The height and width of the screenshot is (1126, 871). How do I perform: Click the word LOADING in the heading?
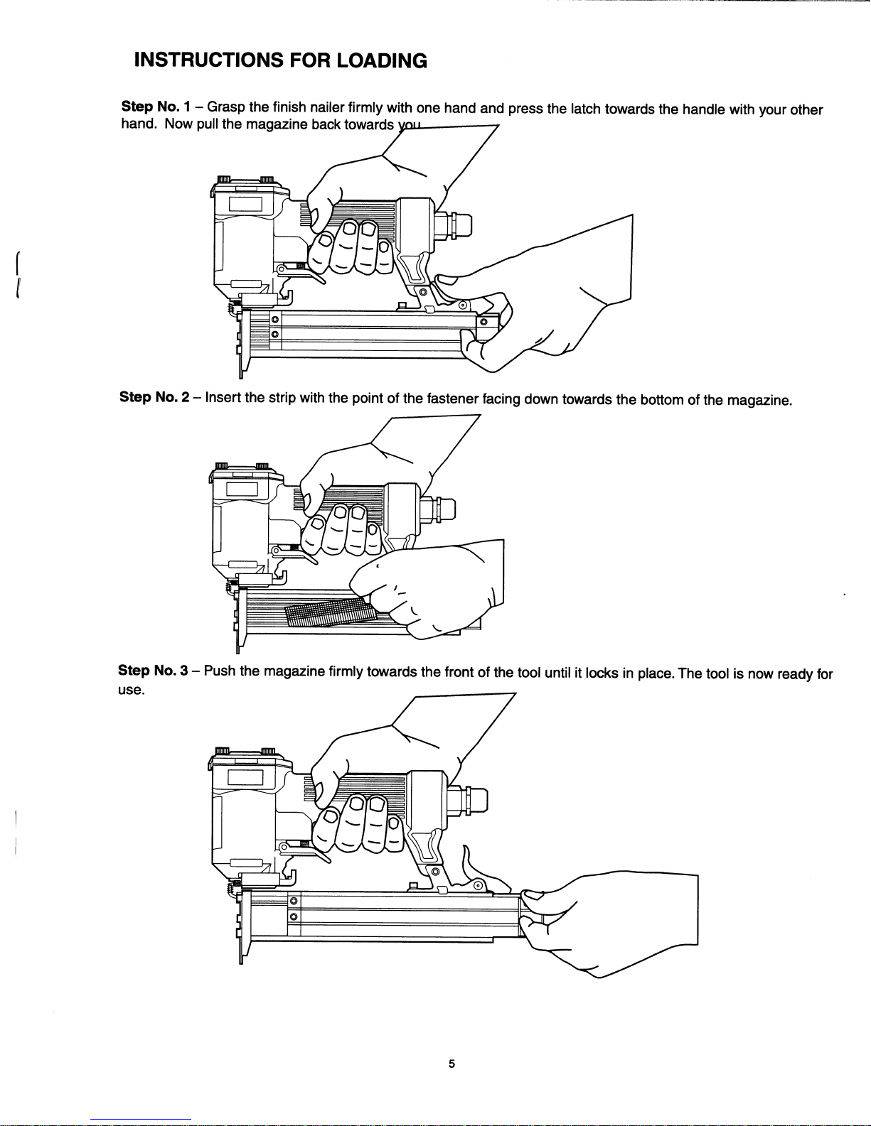point(382,60)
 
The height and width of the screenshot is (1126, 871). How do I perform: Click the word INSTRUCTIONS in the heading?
point(208,60)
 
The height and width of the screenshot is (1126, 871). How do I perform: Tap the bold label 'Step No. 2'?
point(154,397)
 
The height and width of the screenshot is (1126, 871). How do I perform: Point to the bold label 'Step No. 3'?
point(153,670)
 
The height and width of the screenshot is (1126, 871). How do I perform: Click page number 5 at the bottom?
point(451,1063)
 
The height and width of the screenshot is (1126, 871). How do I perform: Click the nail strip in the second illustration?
point(330,612)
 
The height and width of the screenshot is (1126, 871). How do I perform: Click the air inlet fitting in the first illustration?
point(453,225)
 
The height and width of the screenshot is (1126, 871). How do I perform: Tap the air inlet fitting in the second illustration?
point(438,509)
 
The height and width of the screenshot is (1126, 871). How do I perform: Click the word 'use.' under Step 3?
point(131,691)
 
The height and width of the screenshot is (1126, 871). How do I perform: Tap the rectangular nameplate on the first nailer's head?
point(245,204)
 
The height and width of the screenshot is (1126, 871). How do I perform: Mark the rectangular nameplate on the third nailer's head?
point(245,778)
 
